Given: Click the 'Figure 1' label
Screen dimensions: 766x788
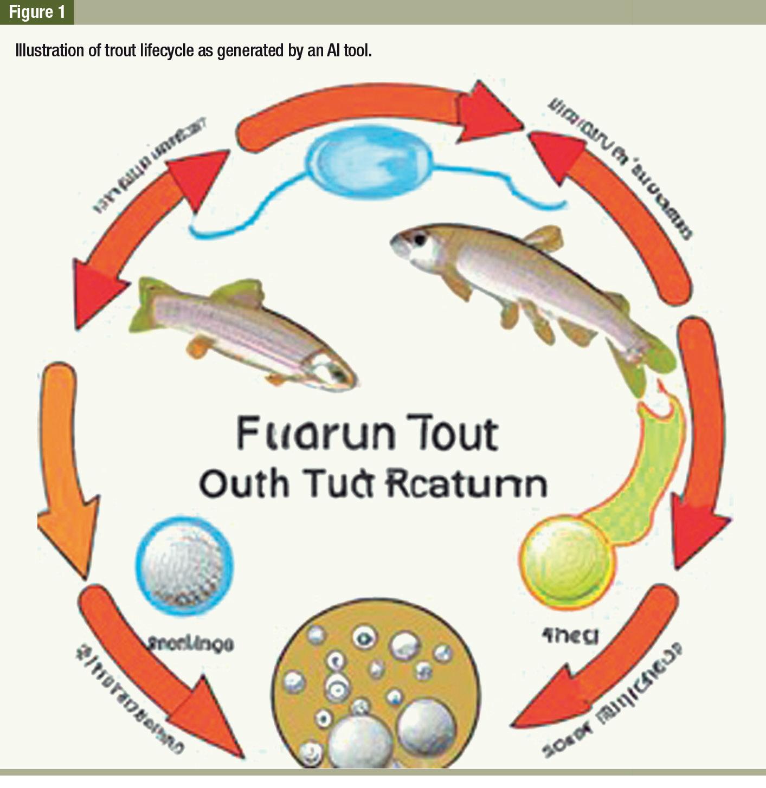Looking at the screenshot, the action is [x=37, y=12].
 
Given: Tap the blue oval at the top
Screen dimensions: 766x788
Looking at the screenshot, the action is [x=369, y=158].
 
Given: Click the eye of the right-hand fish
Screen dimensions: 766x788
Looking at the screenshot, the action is [x=420, y=238].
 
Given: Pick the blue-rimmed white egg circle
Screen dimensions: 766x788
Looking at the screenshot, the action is [x=185, y=566].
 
